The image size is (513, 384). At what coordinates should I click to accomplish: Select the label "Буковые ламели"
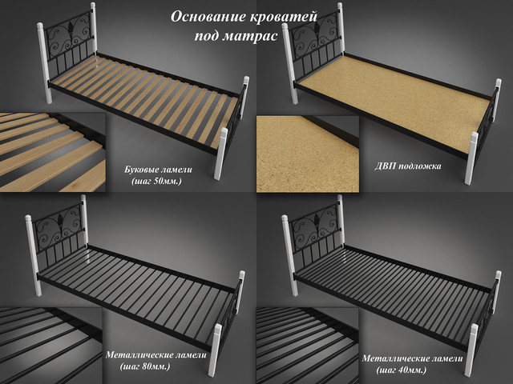pyautogui.click(x=159, y=170)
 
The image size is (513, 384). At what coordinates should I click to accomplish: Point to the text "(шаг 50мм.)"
pyautogui.click(x=156, y=181)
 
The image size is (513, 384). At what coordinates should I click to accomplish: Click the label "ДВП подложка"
pyautogui.click(x=408, y=166)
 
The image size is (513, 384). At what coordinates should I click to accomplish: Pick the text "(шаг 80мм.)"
pyautogui.click(x=145, y=366)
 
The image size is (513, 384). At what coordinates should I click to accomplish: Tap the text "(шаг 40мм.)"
pyautogui.click(x=402, y=370)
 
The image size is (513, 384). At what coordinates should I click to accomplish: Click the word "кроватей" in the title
pyautogui.click(x=284, y=17)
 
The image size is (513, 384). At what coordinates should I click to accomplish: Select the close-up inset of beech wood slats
pyautogui.click(x=53, y=152)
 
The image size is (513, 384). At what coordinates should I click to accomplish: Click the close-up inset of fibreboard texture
pyautogui.click(x=308, y=154)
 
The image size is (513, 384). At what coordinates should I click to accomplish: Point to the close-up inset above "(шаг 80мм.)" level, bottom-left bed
pyautogui.click(x=51, y=346)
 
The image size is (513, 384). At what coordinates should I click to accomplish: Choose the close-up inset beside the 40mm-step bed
pyautogui.click(x=308, y=346)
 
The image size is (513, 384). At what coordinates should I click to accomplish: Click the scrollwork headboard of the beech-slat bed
pyautogui.click(x=70, y=34)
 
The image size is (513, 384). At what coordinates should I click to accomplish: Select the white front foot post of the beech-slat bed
pyautogui.click(x=221, y=154)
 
